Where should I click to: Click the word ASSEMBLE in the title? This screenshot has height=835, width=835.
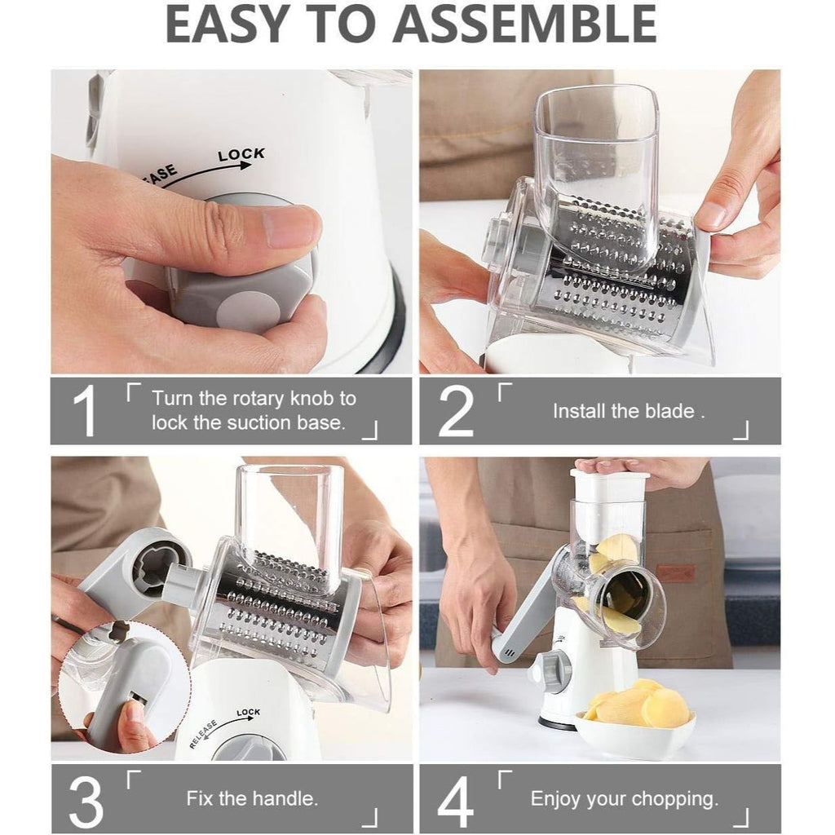pyautogui.click(x=524, y=24)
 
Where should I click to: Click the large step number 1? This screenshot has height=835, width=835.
pyautogui.click(x=85, y=411)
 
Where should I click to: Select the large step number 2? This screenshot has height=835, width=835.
pyautogui.click(x=456, y=411)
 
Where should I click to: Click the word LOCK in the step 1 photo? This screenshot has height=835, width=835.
pyautogui.click(x=241, y=154)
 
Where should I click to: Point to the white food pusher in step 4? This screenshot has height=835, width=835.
pyautogui.click(x=610, y=486)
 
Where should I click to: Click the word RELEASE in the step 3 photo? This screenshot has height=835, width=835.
pyautogui.click(x=203, y=735)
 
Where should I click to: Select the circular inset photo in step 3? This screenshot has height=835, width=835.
pyautogui.click(x=124, y=687)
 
